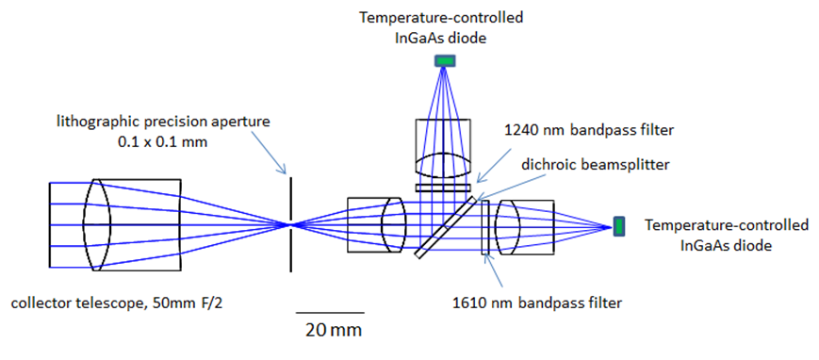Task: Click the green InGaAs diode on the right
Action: (x=619, y=225)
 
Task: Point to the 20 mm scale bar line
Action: (x=330, y=311)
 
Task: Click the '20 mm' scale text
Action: (x=331, y=330)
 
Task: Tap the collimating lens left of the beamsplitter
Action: (x=394, y=224)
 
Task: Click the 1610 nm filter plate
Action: (x=485, y=226)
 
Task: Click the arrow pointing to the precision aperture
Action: (x=263, y=153)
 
